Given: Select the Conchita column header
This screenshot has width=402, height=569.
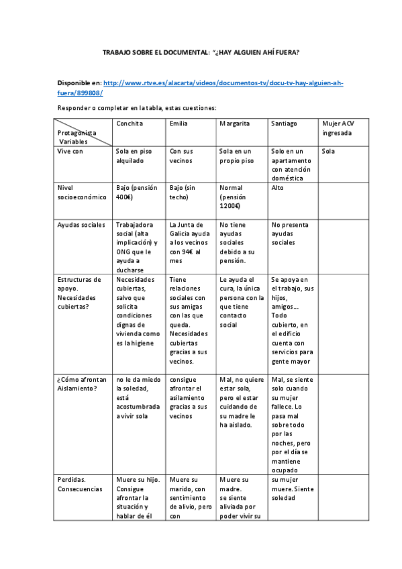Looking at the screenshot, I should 130,124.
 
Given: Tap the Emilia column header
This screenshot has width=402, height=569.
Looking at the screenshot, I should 179,124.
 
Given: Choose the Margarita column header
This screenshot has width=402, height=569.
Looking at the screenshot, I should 234,124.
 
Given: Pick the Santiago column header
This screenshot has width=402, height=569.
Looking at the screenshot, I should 284,124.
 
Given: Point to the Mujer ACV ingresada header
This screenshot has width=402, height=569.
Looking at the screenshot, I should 338,128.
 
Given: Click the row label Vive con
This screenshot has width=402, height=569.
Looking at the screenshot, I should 72,152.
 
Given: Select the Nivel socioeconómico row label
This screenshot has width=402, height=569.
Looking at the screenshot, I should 82,193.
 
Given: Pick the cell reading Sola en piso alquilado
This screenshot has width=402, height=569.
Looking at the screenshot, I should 134,156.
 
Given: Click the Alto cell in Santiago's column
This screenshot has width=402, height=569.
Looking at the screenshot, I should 277,189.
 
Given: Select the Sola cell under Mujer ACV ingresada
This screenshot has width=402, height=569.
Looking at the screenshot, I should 328,152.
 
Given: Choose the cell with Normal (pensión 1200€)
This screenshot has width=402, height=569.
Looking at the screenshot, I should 235,197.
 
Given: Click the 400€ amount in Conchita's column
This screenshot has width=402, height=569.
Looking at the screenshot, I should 124,197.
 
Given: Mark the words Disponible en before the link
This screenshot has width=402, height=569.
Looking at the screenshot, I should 79,83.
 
